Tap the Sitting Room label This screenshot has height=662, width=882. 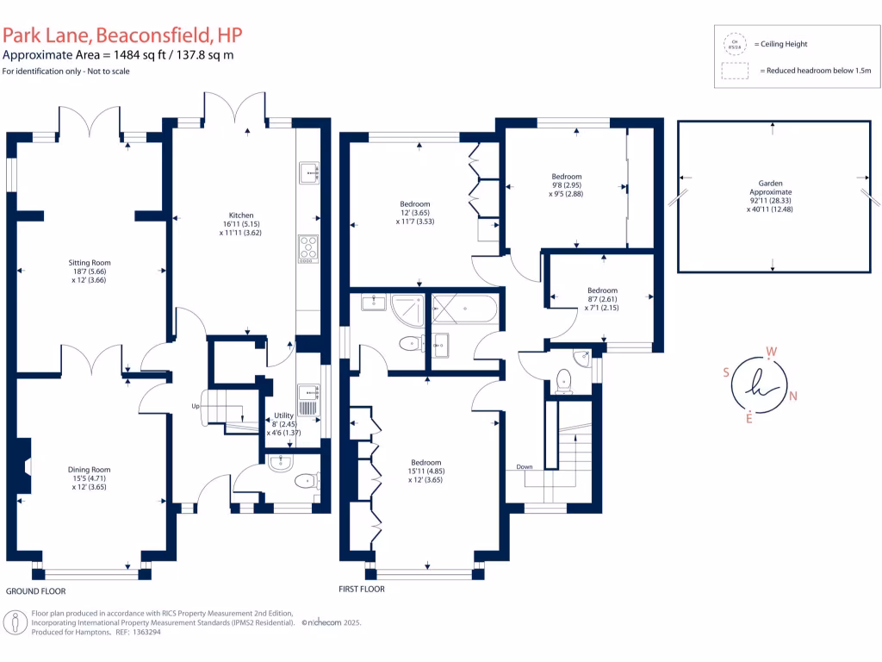click(90, 263)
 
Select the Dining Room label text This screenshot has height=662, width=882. click(90, 470)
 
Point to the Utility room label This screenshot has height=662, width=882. click(284, 415)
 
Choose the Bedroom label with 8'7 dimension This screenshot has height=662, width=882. click(602, 290)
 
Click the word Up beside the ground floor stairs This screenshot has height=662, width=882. click(196, 405)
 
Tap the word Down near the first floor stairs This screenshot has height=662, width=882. click(525, 466)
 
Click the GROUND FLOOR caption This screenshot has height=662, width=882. click(35, 591)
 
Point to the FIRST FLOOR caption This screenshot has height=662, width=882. click(362, 590)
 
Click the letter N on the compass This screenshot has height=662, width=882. click(793, 397)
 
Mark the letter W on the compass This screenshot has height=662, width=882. click(772, 352)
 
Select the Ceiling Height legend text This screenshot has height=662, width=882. click(780, 44)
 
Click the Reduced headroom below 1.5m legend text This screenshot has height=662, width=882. click(815, 71)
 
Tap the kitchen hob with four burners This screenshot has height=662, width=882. click(307, 247)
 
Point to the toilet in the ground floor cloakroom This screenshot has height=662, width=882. click(303, 481)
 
